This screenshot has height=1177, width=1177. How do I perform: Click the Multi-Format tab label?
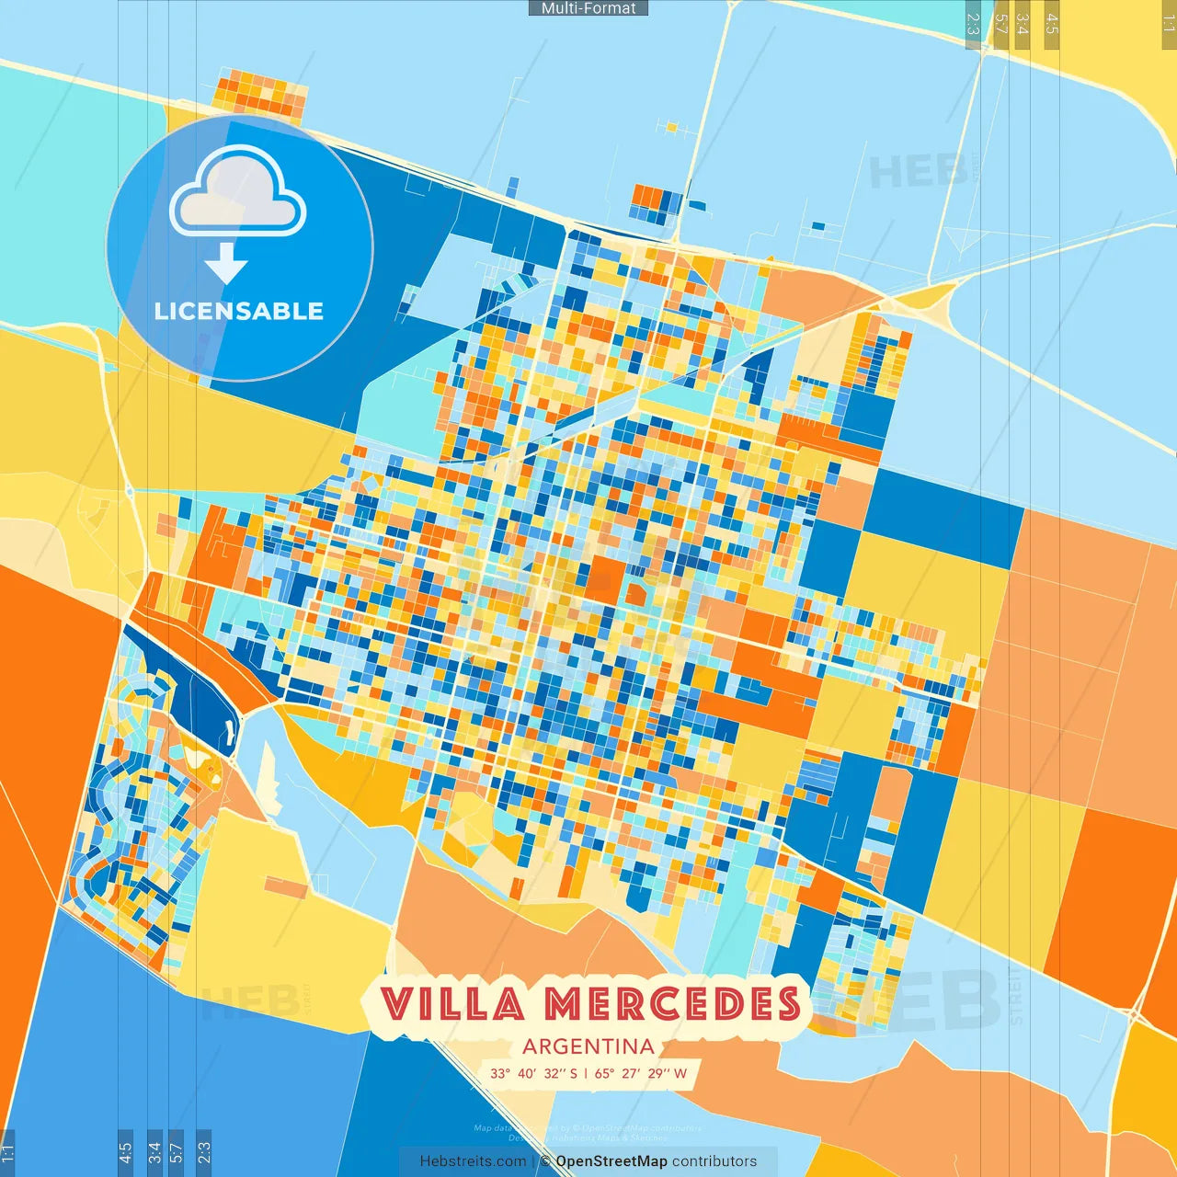pyautogui.click(x=588, y=8)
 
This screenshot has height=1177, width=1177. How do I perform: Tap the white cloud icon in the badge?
pyautogui.click(x=238, y=192)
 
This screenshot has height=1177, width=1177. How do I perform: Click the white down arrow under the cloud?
pyautogui.click(x=226, y=263)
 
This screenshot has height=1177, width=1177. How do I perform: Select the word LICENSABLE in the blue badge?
pyautogui.click(x=239, y=312)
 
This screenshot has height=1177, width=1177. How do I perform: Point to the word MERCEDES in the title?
pyautogui.click(x=672, y=1004)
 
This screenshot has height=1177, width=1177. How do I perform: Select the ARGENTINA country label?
pyautogui.click(x=588, y=1046)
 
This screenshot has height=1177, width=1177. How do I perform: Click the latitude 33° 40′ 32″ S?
pyautogui.click(x=533, y=1073)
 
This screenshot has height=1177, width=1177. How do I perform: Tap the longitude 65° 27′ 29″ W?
pyautogui.click(x=641, y=1073)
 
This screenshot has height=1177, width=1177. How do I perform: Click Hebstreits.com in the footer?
pyautogui.click(x=473, y=1161)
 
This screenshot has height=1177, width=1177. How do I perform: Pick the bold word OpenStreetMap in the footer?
pyautogui.click(x=611, y=1161)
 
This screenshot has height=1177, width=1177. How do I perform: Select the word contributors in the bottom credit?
pyautogui.click(x=714, y=1161)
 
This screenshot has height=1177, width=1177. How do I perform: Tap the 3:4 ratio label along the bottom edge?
pyautogui.click(x=154, y=1152)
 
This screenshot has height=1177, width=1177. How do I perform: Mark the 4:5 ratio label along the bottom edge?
pyautogui.click(x=125, y=1152)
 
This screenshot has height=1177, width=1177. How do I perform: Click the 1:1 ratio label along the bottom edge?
pyautogui.click(x=7, y=1152)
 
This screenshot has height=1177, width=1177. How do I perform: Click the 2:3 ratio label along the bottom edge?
pyautogui.click(x=203, y=1152)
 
